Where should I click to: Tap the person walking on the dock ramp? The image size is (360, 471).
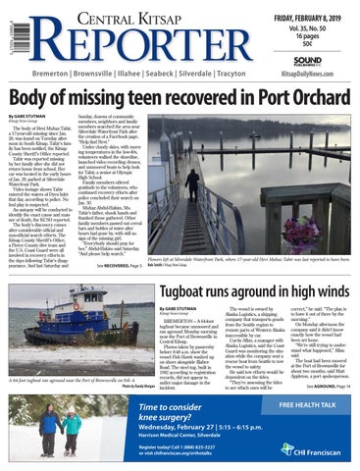[192, 180]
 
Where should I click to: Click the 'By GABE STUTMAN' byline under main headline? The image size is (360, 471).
[36, 116]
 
